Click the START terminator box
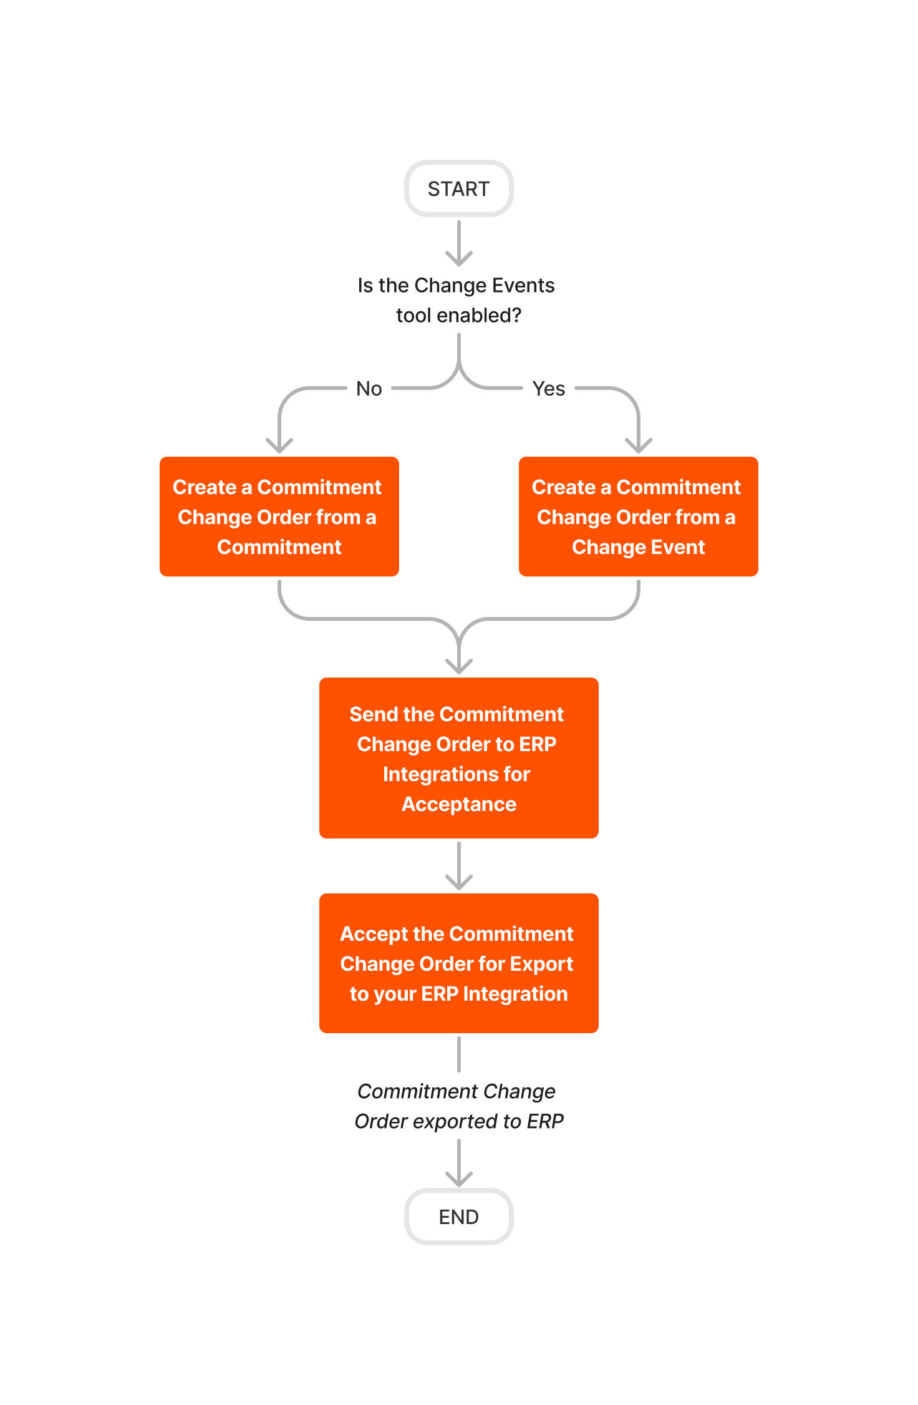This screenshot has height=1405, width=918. click(458, 188)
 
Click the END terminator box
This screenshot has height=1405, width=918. click(458, 1217)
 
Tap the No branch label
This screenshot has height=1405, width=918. click(369, 389)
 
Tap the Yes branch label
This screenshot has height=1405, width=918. click(548, 389)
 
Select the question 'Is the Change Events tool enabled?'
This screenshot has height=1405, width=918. click(457, 300)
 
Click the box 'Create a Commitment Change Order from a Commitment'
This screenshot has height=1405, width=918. click(279, 517)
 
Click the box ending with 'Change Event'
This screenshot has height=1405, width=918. click(638, 517)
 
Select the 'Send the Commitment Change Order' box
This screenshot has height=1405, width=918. click(458, 758)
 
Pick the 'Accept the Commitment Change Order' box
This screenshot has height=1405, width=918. click(458, 963)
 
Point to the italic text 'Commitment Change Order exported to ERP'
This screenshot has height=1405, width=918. click(458, 1106)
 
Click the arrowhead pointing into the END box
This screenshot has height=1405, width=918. click(458, 1179)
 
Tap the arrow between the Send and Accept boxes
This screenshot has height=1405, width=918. click(458, 867)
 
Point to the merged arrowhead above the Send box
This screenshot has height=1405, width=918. click(458, 666)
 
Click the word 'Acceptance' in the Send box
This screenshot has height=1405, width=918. click(458, 804)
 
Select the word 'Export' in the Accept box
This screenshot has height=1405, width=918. click(541, 964)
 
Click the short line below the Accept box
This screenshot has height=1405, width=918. click(458, 1054)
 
